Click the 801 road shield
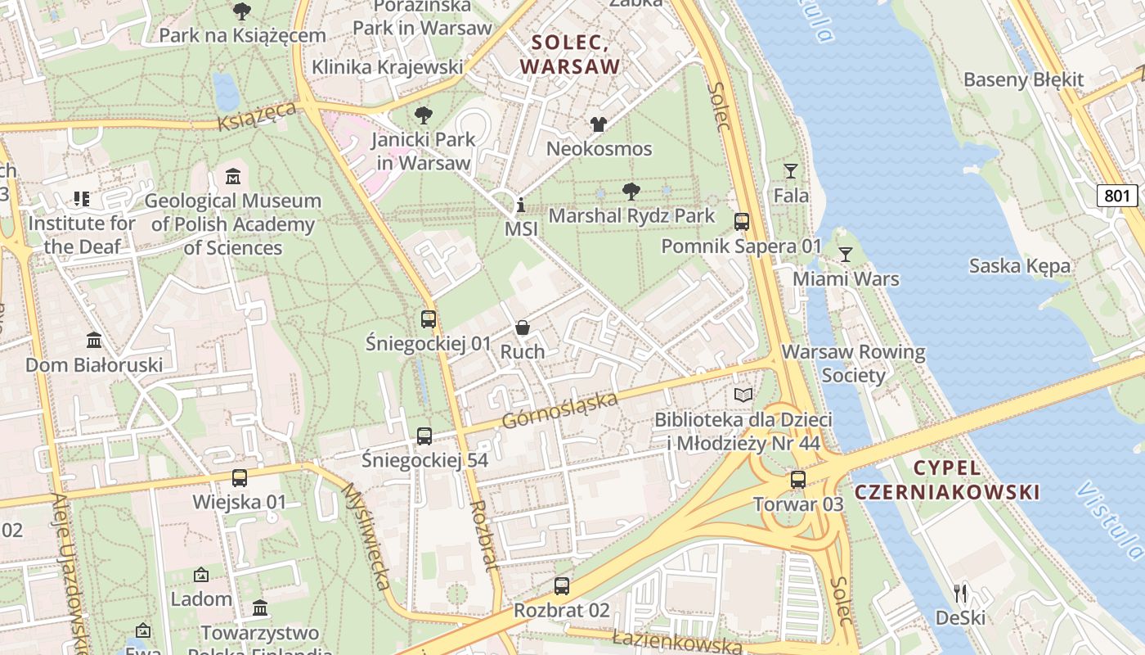(1117, 196)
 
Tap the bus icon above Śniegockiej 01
(429, 319)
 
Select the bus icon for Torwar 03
(798, 480)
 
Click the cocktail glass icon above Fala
(790, 171)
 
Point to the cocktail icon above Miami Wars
(846, 255)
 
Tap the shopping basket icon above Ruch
(523, 327)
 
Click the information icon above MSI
(521, 205)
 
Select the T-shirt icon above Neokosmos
(599, 124)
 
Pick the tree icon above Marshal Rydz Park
(631, 192)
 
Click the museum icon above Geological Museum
(233, 177)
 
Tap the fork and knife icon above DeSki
(960, 593)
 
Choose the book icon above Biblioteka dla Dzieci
(743, 395)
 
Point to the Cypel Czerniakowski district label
(947, 480)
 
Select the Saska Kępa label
(1019, 266)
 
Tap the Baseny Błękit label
(1023, 80)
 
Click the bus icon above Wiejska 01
(240, 478)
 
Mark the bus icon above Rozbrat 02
(561, 586)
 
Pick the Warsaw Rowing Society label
(854, 364)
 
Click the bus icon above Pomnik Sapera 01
(742, 222)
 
